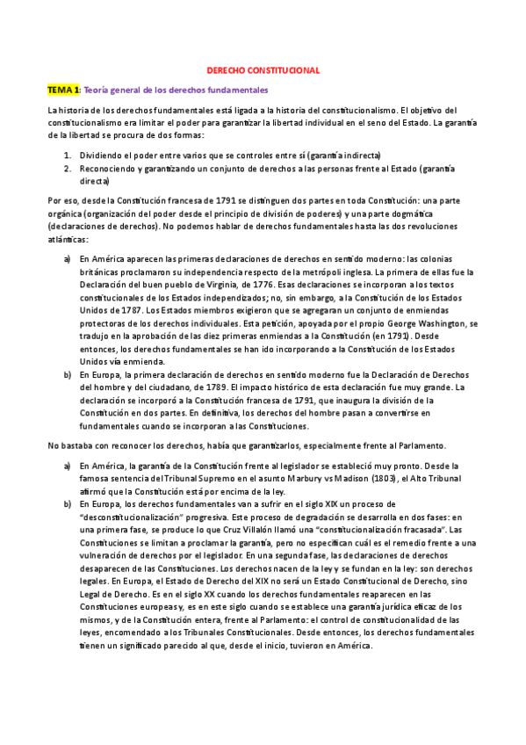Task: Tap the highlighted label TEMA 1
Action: [x=64, y=90]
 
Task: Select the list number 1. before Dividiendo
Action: [x=68, y=155]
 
